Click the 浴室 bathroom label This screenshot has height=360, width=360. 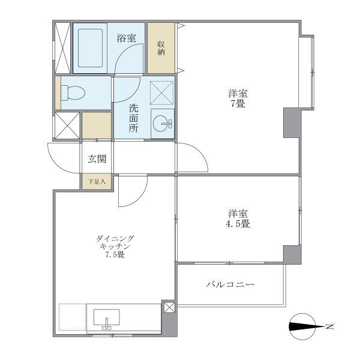click(126, 38)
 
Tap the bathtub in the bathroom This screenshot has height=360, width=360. click(90, 47)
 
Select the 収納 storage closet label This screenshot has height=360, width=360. click(161, 48)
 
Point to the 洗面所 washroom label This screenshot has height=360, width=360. click(133, 119)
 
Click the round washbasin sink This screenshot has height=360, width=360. click(162, 125)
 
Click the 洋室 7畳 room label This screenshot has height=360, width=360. click(238, 98)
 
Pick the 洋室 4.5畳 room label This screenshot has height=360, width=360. click(238, 218)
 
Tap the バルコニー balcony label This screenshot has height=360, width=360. click(230, 284)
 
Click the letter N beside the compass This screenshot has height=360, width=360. click(328, 327)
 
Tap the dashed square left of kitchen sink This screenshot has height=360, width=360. click(73, 316)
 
